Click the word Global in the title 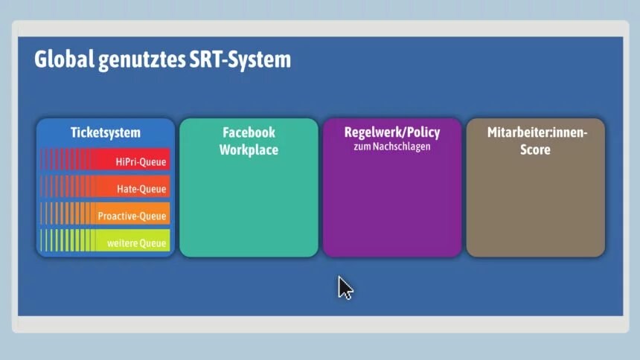click(64, 60)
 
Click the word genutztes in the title click(141, 60)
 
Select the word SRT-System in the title click(240, 60)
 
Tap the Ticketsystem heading click(106, 132)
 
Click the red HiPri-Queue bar click(106, 159)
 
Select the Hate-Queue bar click(106, 186)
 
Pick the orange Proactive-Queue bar click(106, 213)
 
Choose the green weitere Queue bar click(106, 240)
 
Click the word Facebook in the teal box click(249, 132)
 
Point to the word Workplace click(249, 150)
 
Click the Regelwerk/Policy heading click(392, 132)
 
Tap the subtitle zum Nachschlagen click(392, 147)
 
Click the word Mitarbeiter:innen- click(537, 132)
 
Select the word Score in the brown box click(535, 150)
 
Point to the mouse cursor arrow click(345, 288)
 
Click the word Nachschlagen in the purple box click(401, 147)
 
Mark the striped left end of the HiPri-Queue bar click(67, 159)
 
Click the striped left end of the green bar click(67, 240)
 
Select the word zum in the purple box click(362, 147)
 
